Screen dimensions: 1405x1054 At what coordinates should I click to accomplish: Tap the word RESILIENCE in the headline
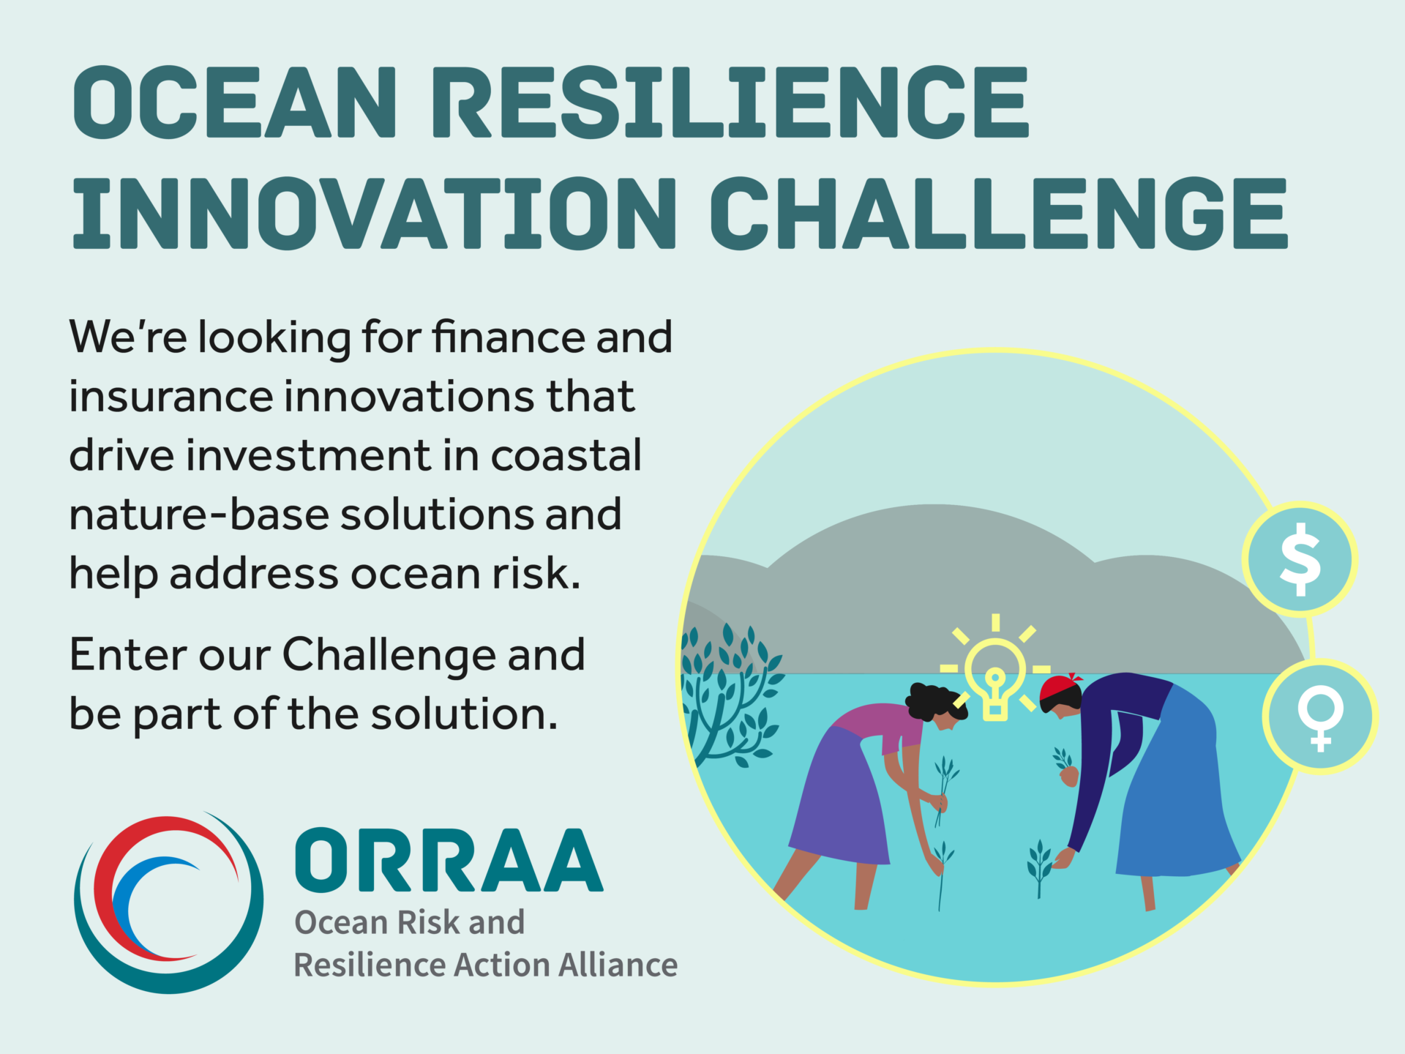(730, 102)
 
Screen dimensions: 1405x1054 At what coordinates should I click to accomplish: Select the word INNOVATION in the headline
(373, 213)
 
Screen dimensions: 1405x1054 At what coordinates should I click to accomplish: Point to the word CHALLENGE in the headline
(998, 213)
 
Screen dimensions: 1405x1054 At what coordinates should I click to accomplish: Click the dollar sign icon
(1300, 559)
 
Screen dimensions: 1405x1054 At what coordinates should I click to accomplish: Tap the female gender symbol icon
(1320, 717)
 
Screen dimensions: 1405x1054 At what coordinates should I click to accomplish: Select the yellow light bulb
(994, 679)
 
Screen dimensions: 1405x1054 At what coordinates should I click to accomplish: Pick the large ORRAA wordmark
(449, 860)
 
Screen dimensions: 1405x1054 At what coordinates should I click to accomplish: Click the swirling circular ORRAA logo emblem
(168, 902)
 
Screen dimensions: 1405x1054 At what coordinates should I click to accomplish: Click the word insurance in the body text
(171, 396)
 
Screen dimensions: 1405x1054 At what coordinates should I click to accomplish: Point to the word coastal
(566, 455)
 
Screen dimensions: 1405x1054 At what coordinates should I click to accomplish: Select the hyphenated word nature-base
(199, 515)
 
